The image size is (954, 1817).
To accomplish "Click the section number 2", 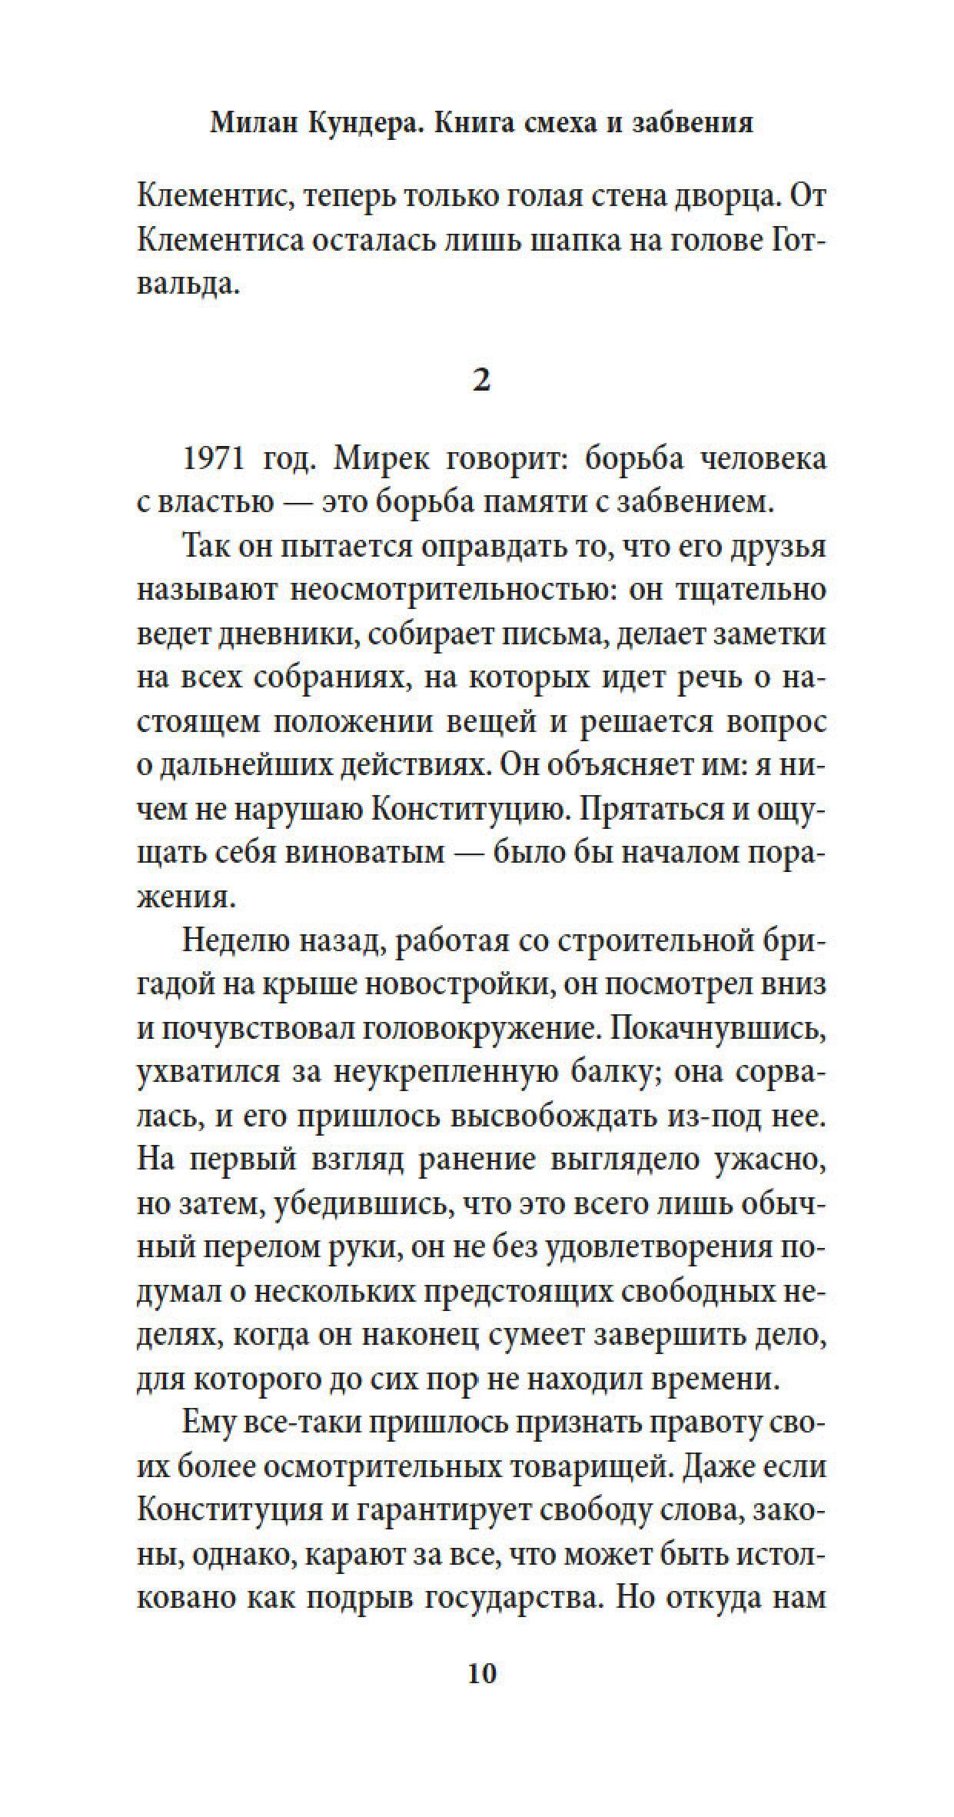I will pyautogui.click(x=480, y=381).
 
